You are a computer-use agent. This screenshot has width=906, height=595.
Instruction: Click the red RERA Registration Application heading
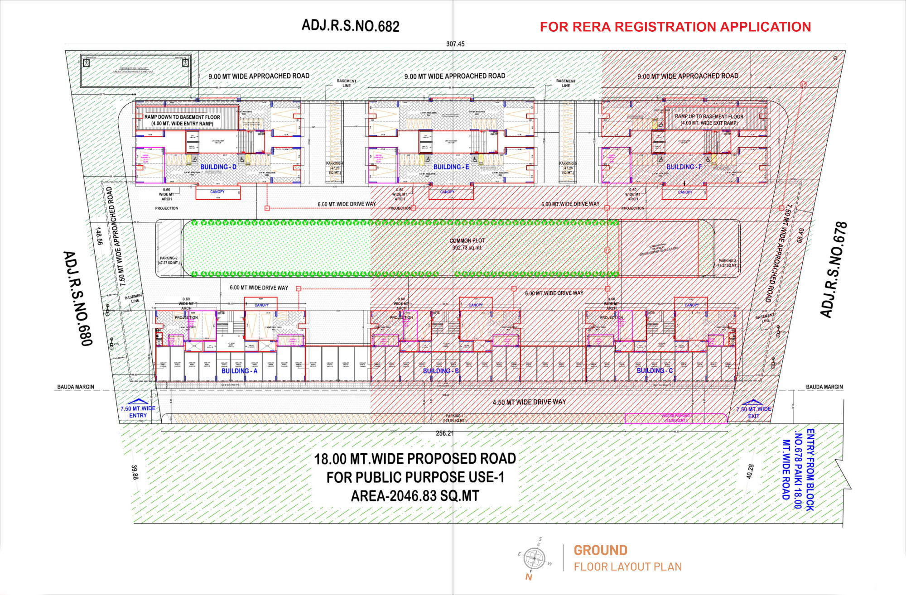[x=675, y=27]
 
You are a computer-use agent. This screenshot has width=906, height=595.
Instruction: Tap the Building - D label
[x=218, y=167]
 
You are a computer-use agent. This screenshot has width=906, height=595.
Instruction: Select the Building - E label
[x=451, y=167]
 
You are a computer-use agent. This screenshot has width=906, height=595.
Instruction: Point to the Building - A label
[x=239, y=371]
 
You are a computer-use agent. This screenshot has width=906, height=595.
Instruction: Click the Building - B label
[x=441, y=371]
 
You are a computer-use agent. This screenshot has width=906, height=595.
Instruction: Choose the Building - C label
[x=655, y=371]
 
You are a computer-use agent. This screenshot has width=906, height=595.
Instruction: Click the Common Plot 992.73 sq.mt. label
[x=467, y=244]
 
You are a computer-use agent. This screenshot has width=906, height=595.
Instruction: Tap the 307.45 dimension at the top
[x=455, y=44]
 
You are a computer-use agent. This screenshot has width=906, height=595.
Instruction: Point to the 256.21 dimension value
[x=444, y=433]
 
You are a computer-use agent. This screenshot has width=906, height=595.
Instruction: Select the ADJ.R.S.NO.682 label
[x=351, y=25]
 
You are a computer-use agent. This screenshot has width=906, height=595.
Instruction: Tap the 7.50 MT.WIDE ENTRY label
[x=138, y=412]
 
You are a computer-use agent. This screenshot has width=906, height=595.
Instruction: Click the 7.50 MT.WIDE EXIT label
[x=753, y=413]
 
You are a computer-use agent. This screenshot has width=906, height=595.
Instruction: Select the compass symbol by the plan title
[x=534, y=559]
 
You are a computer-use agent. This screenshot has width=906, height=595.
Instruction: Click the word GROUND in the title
[x=600, y=551]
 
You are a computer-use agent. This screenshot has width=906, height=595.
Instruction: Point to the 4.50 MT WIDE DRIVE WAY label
[x=529, y=402]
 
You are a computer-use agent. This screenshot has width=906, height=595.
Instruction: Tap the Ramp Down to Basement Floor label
[x=182, y=120]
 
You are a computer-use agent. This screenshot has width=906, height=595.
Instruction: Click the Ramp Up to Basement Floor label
[x=709, y=120]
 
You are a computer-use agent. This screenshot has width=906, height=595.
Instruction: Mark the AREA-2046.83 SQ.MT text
[x=414, y=496]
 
